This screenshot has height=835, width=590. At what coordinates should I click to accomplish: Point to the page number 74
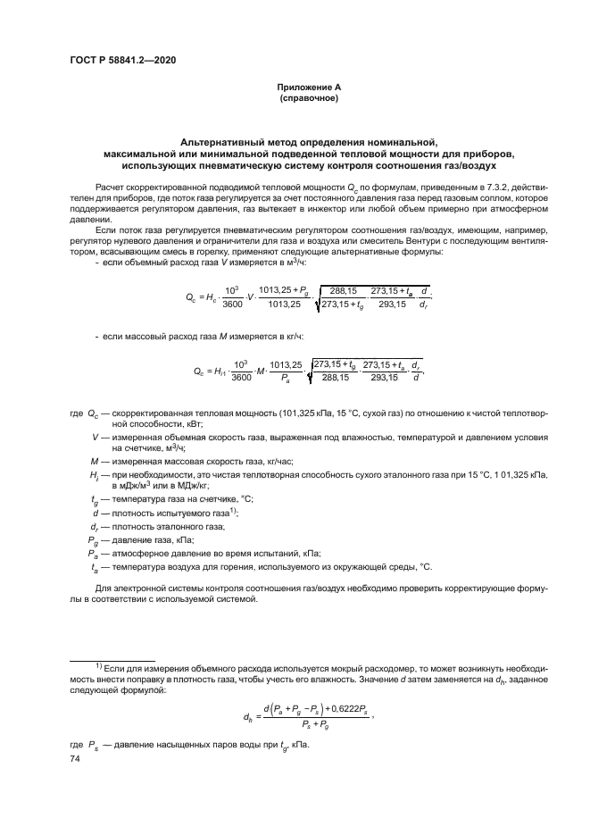(x=75, y=758)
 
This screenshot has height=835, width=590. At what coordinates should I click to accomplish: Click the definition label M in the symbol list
(x=94, y=460)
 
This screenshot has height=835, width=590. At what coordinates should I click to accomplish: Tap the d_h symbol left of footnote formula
(x=247, y=717)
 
